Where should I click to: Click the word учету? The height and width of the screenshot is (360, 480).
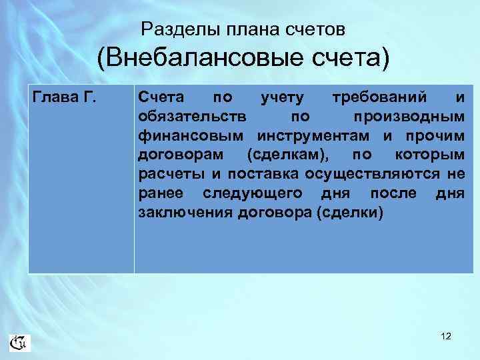(281, 98)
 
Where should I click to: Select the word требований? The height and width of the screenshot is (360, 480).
(379, 98)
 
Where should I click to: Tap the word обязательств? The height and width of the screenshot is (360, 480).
(193, 117)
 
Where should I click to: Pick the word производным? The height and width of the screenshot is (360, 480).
(409, 117)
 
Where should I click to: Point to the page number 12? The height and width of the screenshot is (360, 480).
(446, 337)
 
